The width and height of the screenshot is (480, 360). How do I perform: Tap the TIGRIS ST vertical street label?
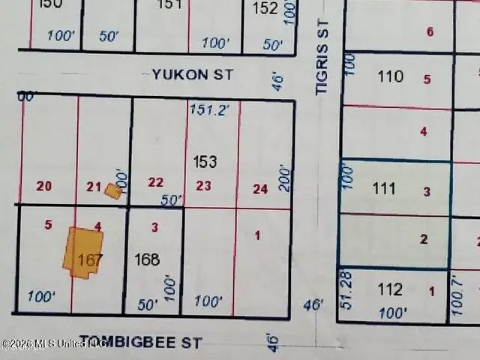tap(322, 67)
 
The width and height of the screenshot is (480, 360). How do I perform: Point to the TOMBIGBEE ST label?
tap(140, 343)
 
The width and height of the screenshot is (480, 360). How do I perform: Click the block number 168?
tap(147, 259)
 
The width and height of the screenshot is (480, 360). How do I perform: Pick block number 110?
tap(390, 76)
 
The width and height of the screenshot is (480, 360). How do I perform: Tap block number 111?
tap(383, 188)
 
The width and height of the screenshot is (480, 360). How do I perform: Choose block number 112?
tap(390, 289)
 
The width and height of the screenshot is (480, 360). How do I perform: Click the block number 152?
tap(265, 9)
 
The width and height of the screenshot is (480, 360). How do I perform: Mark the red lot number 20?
tap(44, 186)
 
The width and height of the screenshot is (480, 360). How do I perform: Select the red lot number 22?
tap(155, 182)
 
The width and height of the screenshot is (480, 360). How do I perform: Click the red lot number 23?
tap(203, 186)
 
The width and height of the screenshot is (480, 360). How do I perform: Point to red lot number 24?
tap(259, 189)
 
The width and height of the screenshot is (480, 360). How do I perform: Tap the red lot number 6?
tap(430, 31)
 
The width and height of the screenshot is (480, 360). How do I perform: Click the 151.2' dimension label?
tap(208, 109)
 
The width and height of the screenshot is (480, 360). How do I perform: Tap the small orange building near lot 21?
tap(113, 190)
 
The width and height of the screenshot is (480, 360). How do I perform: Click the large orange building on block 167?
tap(85, 252)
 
